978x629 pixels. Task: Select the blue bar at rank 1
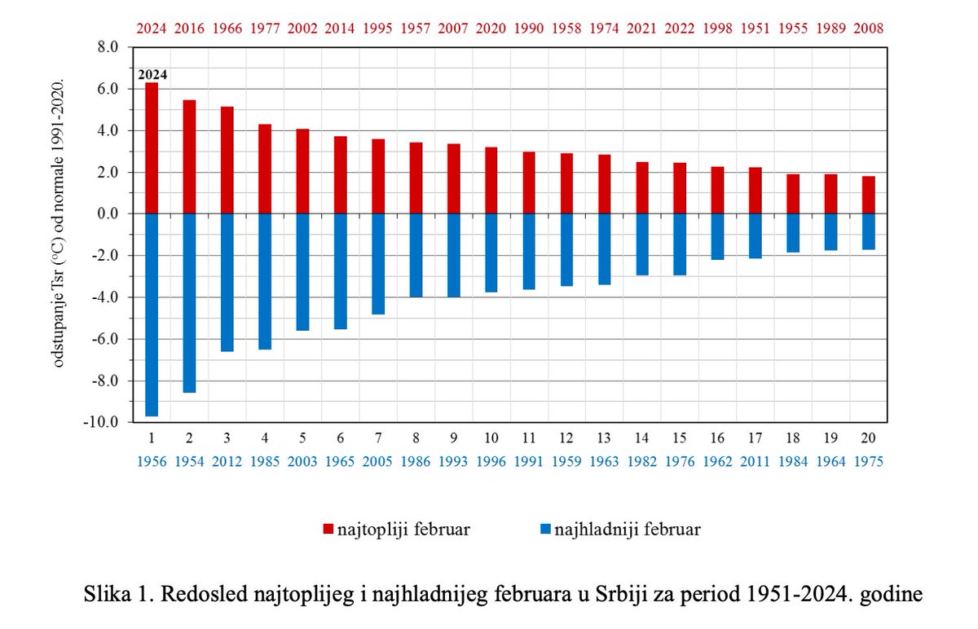point(152,314)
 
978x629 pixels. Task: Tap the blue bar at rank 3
point(227,282)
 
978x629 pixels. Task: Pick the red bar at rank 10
point(491,180)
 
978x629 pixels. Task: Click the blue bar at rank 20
point(869,231)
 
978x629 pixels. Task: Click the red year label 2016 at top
point(189,29)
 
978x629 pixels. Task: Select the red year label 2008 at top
point(869,29)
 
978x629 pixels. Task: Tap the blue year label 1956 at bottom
point(152,461)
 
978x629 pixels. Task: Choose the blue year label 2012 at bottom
point(227,461)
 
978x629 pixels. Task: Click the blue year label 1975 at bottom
point(869,461)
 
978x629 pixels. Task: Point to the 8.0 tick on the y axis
point(108,47)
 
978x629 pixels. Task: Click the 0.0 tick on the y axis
point(108,213)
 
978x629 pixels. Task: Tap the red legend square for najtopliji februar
point(328,530)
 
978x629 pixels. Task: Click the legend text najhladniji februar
point(627,530)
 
